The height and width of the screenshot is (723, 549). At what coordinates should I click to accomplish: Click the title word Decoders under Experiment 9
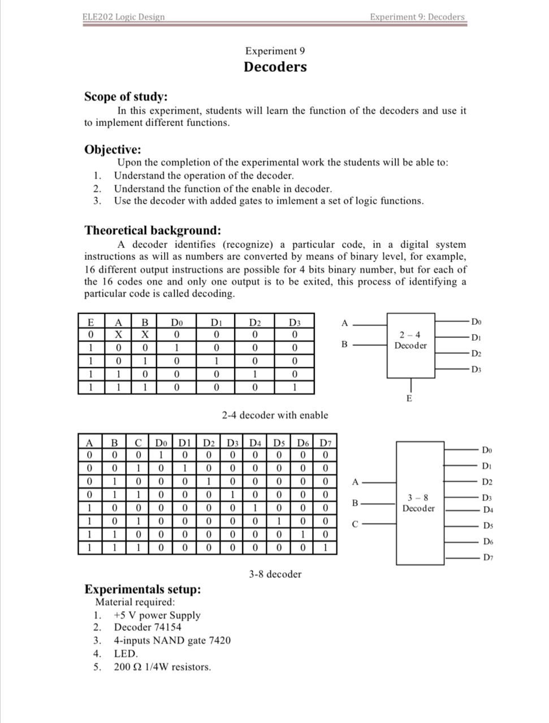coord(275,67)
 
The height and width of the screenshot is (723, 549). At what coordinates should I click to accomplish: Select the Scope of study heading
coord(126,97)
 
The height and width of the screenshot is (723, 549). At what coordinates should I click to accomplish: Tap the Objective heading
coord(113,150)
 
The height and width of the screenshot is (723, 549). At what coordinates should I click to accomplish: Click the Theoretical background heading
coord(152,230)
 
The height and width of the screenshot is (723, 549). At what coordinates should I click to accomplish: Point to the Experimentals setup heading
coord(142,589)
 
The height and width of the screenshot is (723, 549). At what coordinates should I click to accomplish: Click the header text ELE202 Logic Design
coord(123,16)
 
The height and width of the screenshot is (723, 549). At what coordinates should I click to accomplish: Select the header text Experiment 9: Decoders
coord(417,16)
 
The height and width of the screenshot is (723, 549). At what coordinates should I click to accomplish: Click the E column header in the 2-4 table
coord(90,323)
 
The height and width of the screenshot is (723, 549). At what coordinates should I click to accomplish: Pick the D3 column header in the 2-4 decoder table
coord(294,323)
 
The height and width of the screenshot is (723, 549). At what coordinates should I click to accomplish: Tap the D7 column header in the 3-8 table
coord(325,443)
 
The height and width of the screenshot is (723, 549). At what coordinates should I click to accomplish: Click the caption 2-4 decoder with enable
coord(274,415)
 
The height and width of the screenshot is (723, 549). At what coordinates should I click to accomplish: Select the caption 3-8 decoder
coord(275,574)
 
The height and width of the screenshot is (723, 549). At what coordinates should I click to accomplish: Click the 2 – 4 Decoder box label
coord(410,340)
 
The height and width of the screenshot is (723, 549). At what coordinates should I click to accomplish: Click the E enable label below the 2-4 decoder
coord(409,399)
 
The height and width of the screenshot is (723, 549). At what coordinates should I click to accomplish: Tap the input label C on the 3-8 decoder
coord(355,524)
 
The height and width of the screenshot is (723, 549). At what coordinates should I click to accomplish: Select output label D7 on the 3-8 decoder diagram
coord(487,558)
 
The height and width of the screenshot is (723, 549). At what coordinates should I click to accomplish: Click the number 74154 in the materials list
coord(167,627)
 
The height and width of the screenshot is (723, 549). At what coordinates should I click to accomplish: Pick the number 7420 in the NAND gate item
coord(219,641)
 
